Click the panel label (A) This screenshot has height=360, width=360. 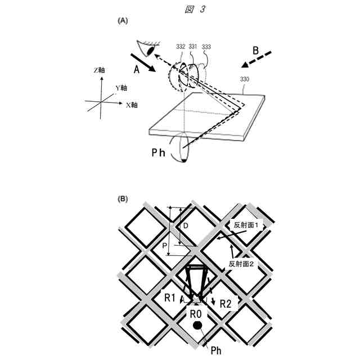[x=123, y=20]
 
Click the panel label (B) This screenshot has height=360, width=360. [x=123, y=199]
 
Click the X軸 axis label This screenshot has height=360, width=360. [x=133, y=105]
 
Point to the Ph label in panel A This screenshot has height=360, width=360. [x=157, y=153]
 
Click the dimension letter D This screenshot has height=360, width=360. [x=185, y=226]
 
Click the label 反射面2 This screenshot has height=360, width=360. [x=243, y=263]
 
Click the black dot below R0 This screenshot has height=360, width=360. [x=197, y=326]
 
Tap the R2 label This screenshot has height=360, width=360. [x=226, y=304]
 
